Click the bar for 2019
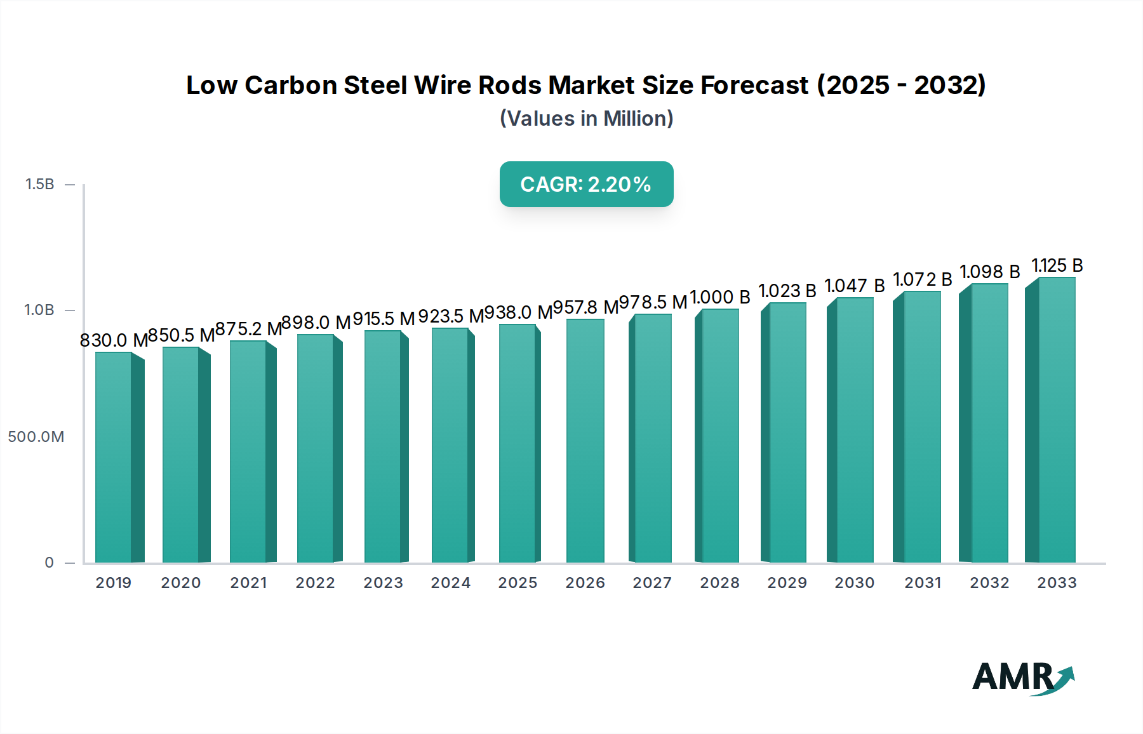114,457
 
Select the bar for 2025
518,444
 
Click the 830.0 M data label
114,340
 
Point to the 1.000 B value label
720,297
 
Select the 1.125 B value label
1057,265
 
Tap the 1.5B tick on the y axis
39,184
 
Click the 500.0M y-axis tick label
36,437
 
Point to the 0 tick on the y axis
49,563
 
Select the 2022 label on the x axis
315,583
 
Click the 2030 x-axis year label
854,583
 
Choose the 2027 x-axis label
652,583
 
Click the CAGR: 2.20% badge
586,184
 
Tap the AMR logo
1022,677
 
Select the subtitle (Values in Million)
586,119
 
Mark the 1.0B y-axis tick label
39,310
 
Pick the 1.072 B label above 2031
922,279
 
